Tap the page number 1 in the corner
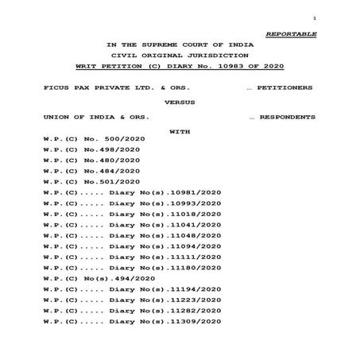pyautogui.click(x=315, y=17)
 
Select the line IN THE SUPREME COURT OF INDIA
pyautogui.click(x=181, y=45)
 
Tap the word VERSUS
pyautogui.click(x=180, y=102)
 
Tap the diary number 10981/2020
pyautogui.click(x=189, y=193)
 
